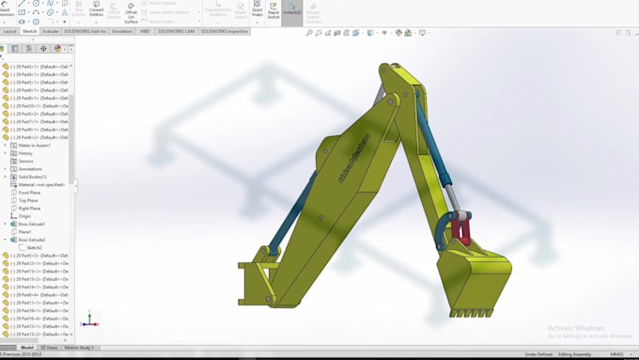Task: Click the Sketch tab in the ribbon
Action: click(x=30, y=31)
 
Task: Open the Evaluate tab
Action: click(x=50, y=31)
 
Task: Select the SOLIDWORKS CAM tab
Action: click(x=176, y=31)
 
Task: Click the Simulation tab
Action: click(x=122, y=31)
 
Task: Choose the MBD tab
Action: click(x=145, y=31)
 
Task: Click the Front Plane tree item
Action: click(x=29, y=193)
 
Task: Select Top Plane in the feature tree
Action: click(x=28, y=200)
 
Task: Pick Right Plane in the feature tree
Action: click(x=29, y=208)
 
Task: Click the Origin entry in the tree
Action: click(x=24, y=216)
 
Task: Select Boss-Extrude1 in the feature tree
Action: click(x=32, y=224)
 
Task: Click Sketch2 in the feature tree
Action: click(x=35, y=247)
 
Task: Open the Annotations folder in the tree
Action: click(x=30, y=169)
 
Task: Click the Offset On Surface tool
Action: click(x=131, y=12)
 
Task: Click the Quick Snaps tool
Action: click(x=257, y=10)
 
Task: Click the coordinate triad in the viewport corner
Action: click(x=88, y=321)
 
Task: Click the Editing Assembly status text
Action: click(x=574, y=354)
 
